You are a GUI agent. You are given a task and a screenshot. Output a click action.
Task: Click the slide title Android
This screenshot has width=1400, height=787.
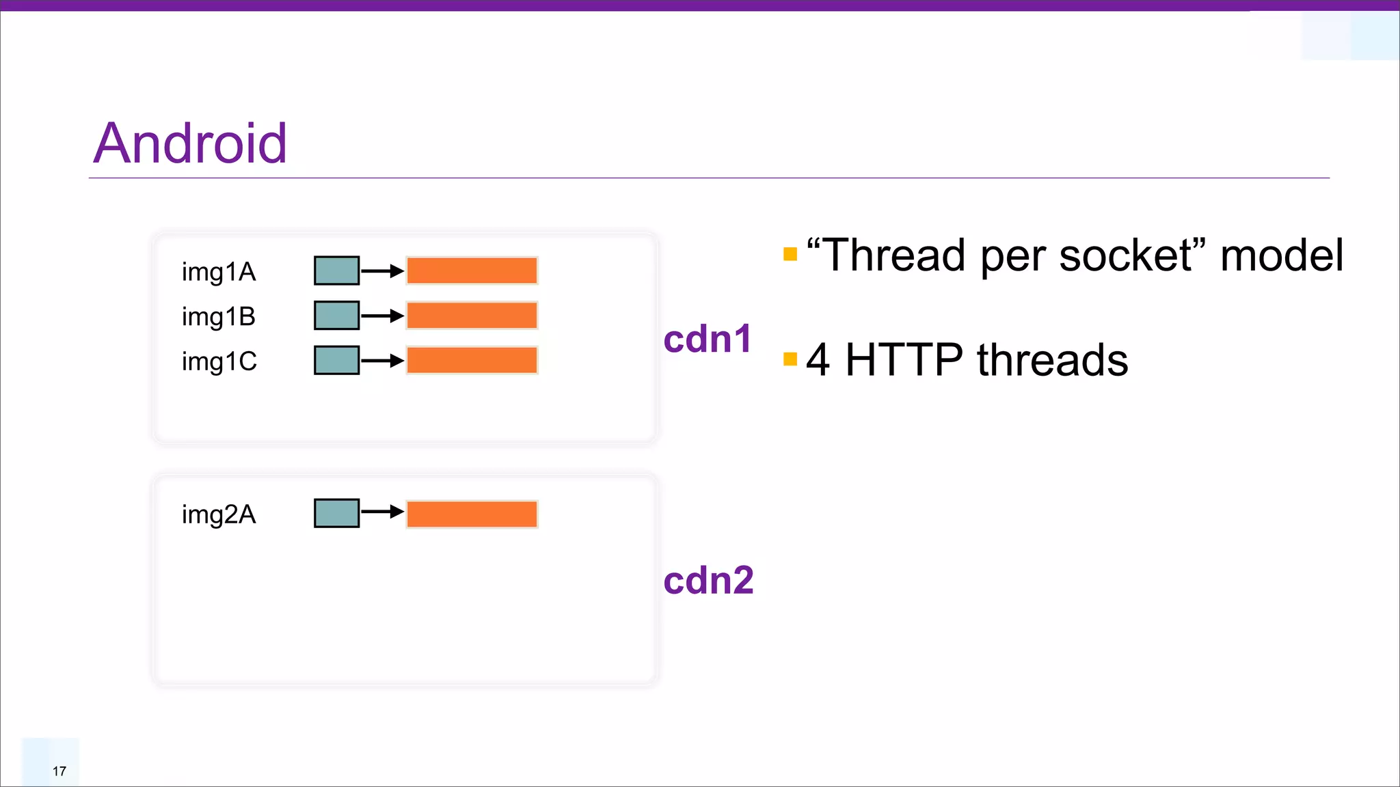190,143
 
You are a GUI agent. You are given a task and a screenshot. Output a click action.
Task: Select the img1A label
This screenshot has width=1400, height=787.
219,272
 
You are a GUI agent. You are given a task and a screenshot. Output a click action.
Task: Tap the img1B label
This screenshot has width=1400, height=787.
219,317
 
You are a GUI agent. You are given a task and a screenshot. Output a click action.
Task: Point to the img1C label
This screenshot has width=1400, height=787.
219,361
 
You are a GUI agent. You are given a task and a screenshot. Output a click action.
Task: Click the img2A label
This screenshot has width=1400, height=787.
219,514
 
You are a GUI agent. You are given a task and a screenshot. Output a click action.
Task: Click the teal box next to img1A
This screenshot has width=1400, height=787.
336,271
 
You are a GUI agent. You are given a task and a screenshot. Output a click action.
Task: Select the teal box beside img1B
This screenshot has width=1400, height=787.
336,316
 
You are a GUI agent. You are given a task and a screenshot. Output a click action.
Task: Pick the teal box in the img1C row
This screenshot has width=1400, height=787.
336,360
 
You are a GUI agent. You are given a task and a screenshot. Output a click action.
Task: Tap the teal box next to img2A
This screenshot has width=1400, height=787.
336,513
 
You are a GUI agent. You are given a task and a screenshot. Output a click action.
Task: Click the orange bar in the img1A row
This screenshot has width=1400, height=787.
472,271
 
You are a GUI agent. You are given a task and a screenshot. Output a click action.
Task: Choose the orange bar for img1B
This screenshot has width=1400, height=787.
472,316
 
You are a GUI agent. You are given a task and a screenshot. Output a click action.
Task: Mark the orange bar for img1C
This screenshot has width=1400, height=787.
472,360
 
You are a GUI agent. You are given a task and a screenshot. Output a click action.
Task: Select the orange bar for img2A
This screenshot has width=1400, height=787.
472,514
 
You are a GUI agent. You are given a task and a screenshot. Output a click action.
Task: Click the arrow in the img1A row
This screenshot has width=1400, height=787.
382,271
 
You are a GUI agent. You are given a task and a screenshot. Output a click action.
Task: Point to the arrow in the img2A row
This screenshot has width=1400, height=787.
382,512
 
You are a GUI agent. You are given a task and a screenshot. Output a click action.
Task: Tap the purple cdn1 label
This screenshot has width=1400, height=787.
708,339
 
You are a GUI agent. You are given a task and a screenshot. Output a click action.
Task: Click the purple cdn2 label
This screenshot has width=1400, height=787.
708,581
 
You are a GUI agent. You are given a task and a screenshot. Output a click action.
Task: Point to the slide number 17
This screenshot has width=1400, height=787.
59,771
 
